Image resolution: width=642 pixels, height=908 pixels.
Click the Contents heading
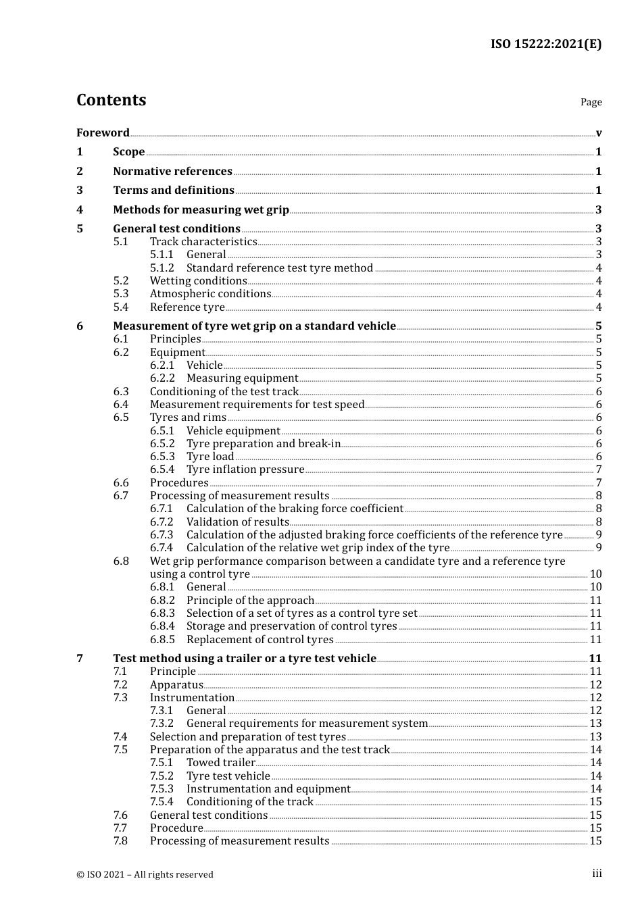pyautogui.click(x=111, y=100)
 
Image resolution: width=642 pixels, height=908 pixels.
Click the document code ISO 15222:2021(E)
pyautogui.click(x=545, y=45)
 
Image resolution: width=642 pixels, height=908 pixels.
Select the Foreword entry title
pyautogui.click(x=103, y=132)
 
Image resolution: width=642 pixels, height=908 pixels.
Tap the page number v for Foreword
pyautogui.click(x=599, y=133)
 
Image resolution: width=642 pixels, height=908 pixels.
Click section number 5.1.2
pyautogui.click(x=162, y=268)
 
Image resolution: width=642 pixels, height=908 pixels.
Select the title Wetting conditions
pyautogui.click(x=198, y=280)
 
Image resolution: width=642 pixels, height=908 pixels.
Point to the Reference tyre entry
pyautogui.click(x=187, y=307)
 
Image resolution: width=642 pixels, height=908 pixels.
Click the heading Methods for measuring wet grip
pyautogui.click(x=201, y=209)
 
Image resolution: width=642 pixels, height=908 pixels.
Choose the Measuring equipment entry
pyautogui.click(x=242, y=378)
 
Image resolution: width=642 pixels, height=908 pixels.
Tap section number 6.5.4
pyautogui.click(x=162, y=469)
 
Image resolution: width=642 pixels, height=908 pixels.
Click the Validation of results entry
pyautogui.click(x=237, y=522)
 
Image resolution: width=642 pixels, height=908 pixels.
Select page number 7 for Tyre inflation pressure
pyautogui.click(x=599, y=469)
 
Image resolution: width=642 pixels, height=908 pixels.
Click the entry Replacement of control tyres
pyautogui.click(x=260, y=639)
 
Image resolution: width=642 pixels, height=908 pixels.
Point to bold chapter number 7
pyautogui.click(x=80, y=658)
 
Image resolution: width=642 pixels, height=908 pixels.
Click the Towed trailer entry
pyautogui.click(x=220, y=762)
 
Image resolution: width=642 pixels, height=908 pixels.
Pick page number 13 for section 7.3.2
pyautogui.click(x=595, y=723)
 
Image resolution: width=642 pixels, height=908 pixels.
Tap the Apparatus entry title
pyautogui.click(x=176, y=684)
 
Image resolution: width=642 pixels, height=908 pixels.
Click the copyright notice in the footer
pyautogui.click(x=145, y=874)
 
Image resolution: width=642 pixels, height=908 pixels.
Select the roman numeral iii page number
pyautogui.click(x=597, y=874)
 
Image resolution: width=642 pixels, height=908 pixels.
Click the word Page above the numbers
pyautogui.click(x=591, y=102)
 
